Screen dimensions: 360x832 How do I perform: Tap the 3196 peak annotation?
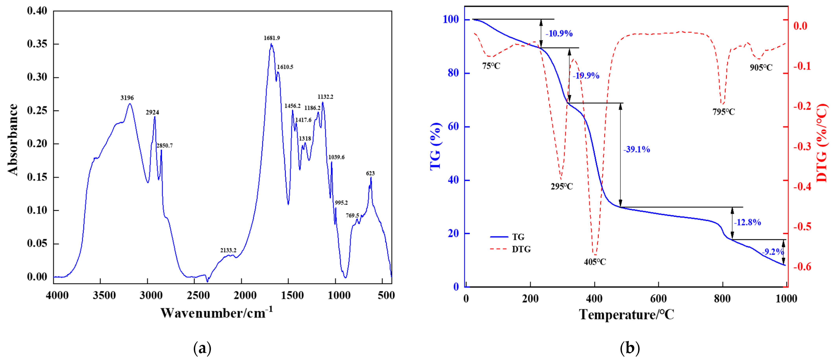click(127, 98)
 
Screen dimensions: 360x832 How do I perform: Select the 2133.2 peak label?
click(228, 250)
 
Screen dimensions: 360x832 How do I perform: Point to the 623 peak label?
click(370, 173)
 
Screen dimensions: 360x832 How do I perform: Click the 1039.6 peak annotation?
click(336, 157)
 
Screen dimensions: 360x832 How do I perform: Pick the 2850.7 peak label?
click(165, 146)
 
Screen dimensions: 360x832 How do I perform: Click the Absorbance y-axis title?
click(13, 139)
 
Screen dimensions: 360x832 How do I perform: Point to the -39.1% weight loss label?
click(636, 149)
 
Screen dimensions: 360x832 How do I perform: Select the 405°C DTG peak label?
click(595, 262)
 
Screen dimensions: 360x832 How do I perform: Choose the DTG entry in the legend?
click(521, 249)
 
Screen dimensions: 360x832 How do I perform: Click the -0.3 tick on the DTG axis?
click(802, 146)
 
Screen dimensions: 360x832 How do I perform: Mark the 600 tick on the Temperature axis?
click(658, 299)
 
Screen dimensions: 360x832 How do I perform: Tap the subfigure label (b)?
click(630, 348)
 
